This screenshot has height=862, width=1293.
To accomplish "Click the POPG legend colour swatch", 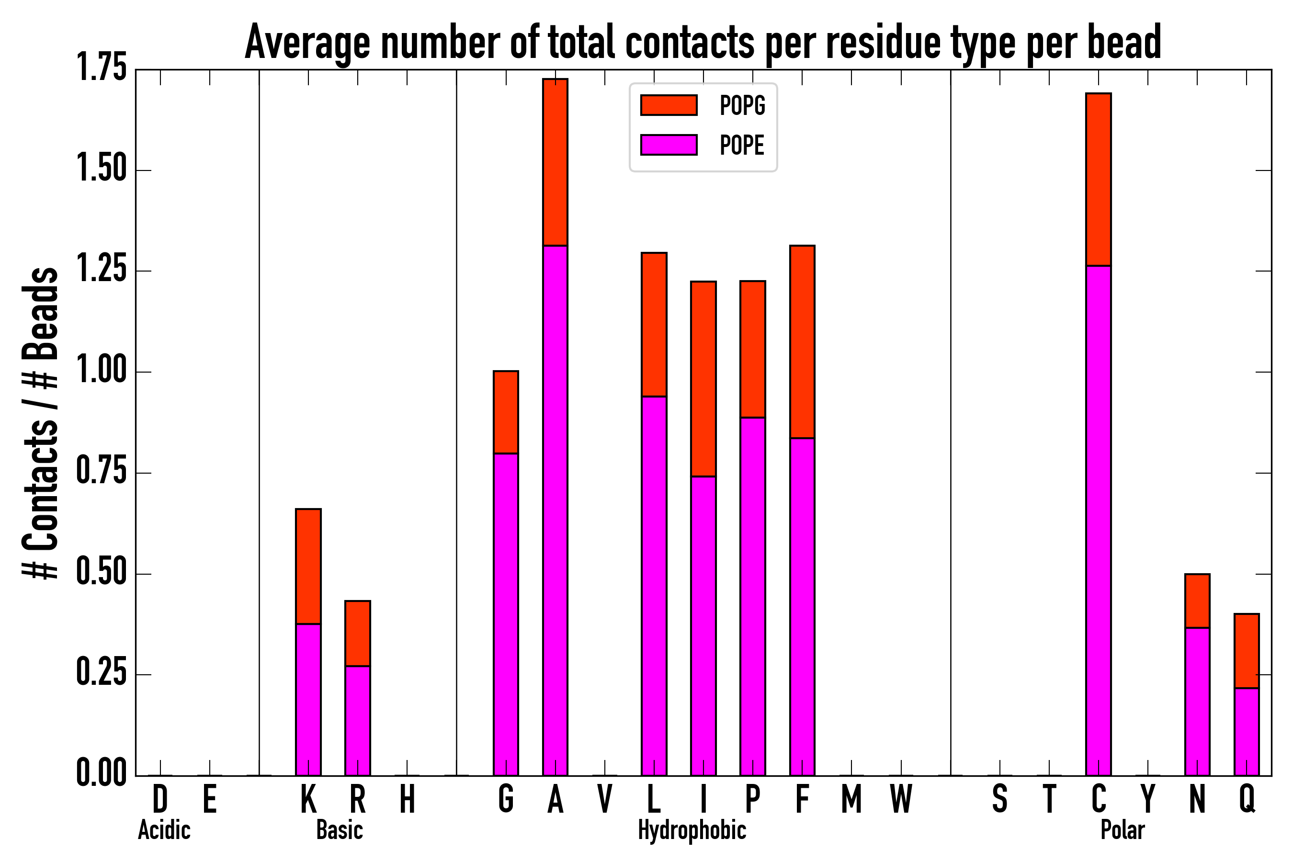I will point(669,105).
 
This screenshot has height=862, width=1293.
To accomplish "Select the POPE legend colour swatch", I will point(669,145).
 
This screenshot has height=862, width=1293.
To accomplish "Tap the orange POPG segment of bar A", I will point(555,162).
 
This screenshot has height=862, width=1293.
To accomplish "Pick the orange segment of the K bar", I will point(308,566).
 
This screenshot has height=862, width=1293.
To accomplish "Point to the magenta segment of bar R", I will point(357,720).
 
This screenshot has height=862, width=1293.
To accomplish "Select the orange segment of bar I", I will point(703,379).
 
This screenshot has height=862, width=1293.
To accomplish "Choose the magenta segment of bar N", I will point(1197,701).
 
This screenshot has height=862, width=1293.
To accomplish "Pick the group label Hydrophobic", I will point(692,830).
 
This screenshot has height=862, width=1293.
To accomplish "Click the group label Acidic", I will point(164,830).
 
